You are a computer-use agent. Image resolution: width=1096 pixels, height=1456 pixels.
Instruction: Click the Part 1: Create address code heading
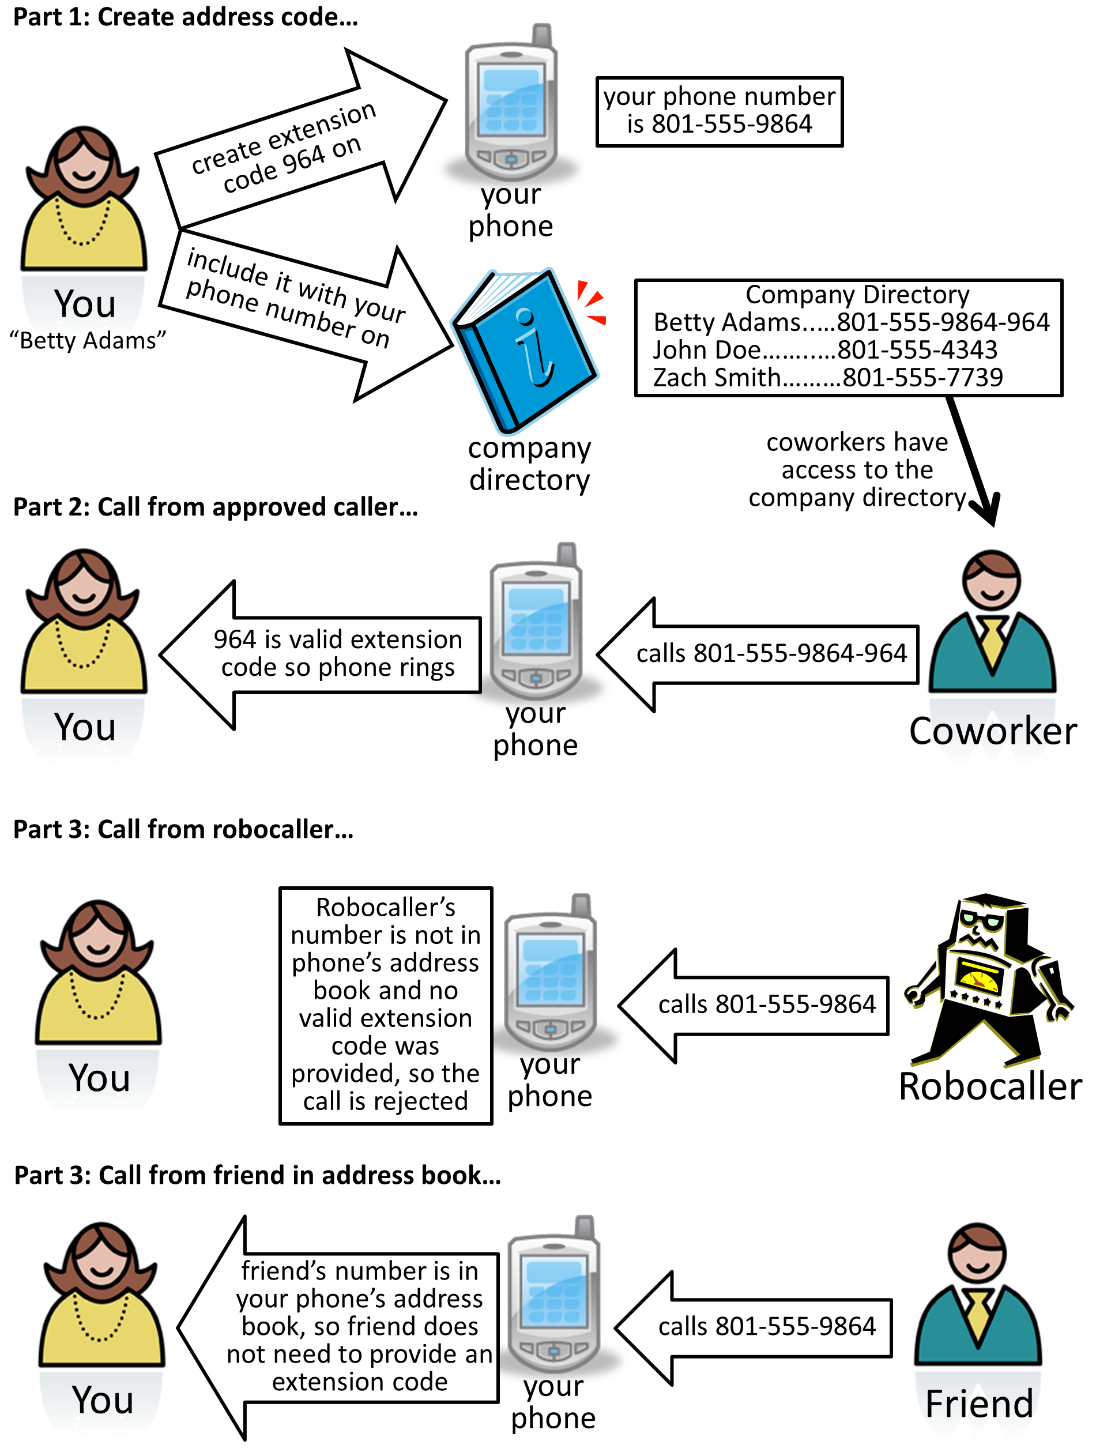pos(186,17)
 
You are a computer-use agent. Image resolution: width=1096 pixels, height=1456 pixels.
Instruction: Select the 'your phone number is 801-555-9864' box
pos(720,111)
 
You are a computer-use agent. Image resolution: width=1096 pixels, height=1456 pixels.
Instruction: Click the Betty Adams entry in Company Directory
pos(851,322)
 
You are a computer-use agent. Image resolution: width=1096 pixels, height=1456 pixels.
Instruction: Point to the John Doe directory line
pos(825,349)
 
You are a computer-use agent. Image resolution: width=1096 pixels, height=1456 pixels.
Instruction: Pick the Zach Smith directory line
pos(827,377)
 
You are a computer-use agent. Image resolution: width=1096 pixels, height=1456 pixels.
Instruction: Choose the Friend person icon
pos(977,1293)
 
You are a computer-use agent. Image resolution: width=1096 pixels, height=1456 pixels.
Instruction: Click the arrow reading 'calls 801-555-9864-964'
pos(757,654)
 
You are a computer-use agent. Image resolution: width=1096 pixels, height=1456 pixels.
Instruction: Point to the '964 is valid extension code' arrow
pos(321,655)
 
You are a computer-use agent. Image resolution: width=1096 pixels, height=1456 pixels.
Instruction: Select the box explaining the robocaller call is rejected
pos(386,1005)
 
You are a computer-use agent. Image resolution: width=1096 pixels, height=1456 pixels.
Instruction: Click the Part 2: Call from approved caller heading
pos(216,507)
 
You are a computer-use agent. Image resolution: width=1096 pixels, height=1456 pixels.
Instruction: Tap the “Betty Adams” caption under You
pos(87,340)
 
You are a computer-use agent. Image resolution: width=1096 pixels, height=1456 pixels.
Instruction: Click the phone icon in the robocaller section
pos(550,972)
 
